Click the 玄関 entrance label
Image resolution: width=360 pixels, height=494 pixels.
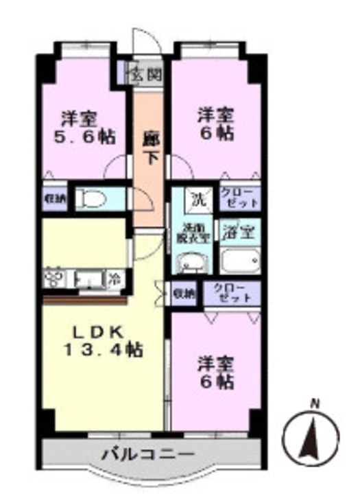(x=147, y=73)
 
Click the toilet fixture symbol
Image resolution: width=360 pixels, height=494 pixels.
(x=92, y=199)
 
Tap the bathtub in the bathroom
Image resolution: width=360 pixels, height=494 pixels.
(x=239, y=261)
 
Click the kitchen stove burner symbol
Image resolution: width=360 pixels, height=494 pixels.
(x=53, y=279)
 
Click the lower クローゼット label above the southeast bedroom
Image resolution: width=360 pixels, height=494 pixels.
(x=232, y=293)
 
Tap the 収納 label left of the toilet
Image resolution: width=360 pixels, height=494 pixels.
(x=55, y=199)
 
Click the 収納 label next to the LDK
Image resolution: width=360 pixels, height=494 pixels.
(x=183, y=293)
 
